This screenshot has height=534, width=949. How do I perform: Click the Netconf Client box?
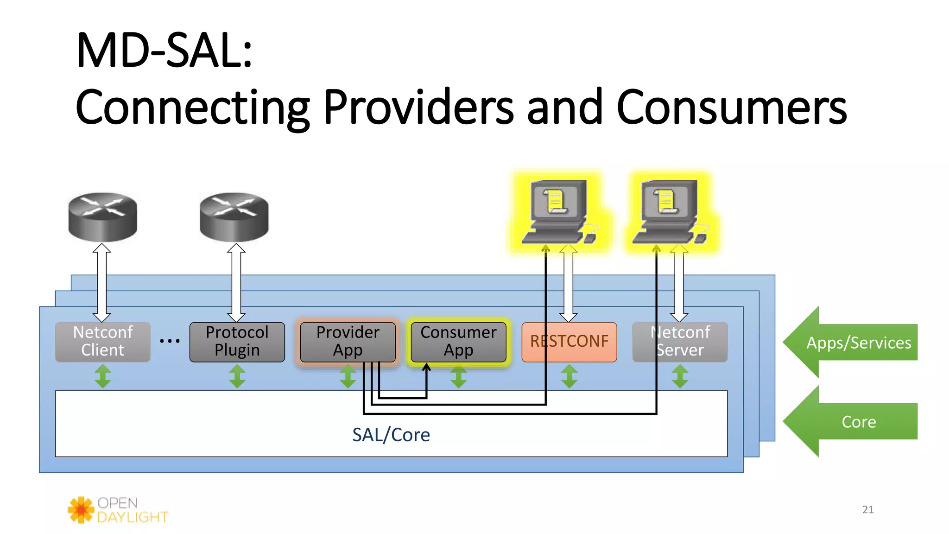tap(102, 342)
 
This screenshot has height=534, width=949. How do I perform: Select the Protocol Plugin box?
tap(237, 342)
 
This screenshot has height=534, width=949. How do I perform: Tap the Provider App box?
tap(348, 342)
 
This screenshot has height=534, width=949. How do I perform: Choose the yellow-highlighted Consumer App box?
tap(458, 342)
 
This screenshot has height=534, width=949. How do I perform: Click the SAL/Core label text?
tap(391, 435)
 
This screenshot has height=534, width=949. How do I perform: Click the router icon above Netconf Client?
tap(102, 217)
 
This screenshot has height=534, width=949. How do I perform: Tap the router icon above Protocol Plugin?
tap(234, 217)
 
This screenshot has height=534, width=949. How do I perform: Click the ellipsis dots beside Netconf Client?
tap(170, 341)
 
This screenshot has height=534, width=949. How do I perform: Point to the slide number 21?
tap(868, 509)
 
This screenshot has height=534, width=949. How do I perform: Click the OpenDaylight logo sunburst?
tap(81, 510)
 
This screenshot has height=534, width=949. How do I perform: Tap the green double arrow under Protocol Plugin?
tap(237, 376)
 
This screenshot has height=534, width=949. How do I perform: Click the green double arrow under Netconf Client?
tap(102, 376)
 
